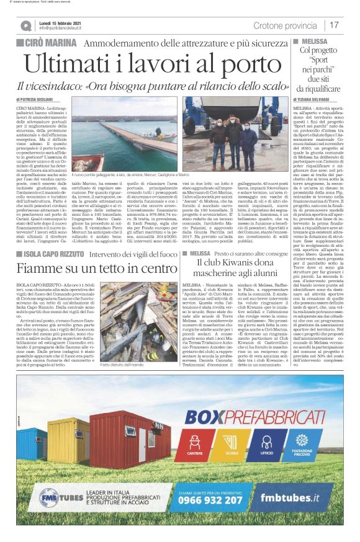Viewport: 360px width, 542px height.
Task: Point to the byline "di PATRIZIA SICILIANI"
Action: click(x=35, y=99)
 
